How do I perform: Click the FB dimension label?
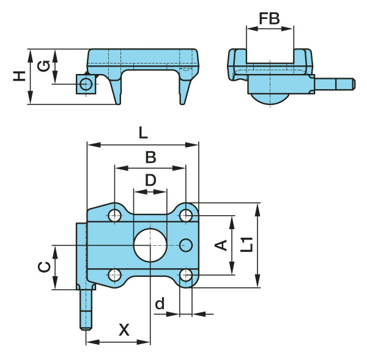point(269,18)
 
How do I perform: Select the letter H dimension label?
point(19,76)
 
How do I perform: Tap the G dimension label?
point(43,66)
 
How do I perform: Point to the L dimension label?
point(143,133)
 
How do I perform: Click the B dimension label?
point(150,157)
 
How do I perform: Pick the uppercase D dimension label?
point(150,180)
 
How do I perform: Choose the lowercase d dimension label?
point(160,303)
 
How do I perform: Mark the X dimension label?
point(124,330)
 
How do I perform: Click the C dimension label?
point(44,267)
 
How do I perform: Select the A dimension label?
point(221,245)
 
